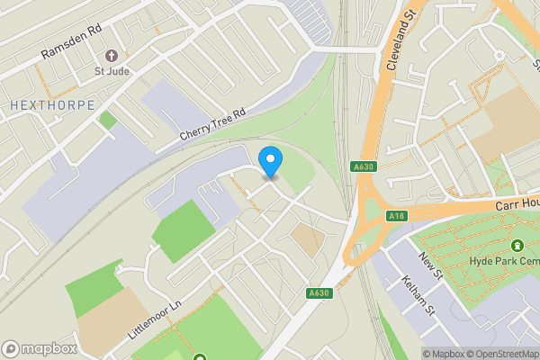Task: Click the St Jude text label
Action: pyautogui.click(x=112, y=72)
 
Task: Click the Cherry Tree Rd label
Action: pyautogui.click(x=211, y=125)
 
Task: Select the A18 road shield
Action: pyautogui.click(x=397, y=216)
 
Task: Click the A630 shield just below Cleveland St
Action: pyautogui.click(x=363, y=166)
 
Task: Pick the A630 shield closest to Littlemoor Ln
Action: pyautogui.click(x=319, y=292)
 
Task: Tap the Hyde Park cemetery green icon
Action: pyautogui.click(x=517, y=246)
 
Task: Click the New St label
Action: pyautogui.click(x=431, y=267)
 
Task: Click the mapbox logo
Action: pyautogui.click(x=39, y=348)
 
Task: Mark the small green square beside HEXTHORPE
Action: pyautogui.click(x=108, y=120)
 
